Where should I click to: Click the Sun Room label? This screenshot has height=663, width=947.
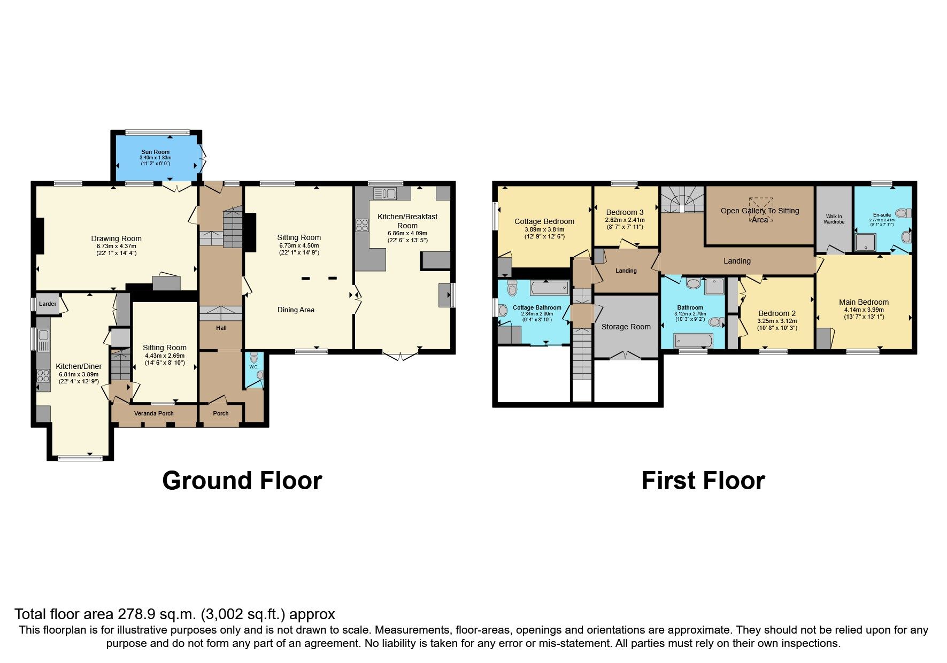click(155, 152)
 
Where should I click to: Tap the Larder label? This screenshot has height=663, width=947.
click(48, 304)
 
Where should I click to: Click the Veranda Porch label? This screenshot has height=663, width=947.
click(153, 413)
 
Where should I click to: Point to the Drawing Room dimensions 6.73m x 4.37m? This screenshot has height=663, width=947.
click(116, 246)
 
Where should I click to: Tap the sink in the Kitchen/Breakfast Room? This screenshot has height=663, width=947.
click(384, 193)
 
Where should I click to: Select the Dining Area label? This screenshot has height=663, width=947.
click(296, 310)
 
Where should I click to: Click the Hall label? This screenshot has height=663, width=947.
click(221, 328)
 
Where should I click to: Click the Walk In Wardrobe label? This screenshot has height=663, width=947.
click(834, 219)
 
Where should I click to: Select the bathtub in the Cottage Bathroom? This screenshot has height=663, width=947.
click(550, 288)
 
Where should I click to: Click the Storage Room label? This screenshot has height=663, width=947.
click(626, 327)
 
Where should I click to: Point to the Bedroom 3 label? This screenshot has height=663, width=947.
click(625, 212)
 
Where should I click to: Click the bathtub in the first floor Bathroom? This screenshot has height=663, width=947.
click(694, 341)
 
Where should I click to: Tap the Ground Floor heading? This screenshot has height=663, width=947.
click(242, 481)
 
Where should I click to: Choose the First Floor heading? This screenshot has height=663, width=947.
click(703, 481)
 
